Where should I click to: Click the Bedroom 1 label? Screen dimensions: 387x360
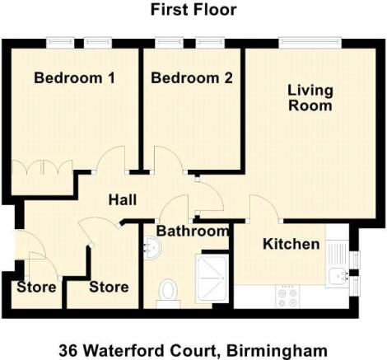click(x=74, y=77)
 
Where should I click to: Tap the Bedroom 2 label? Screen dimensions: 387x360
click(x=192, y=77)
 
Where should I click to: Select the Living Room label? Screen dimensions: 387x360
click(x=310, y=98)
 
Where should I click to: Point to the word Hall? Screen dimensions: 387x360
click(x=123, y=199)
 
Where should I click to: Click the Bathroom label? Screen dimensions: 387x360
click(x=192, y=231)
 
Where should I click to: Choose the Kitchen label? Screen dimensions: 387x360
click(x=291, y=244)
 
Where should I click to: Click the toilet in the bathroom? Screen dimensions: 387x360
click(x=168, y=292)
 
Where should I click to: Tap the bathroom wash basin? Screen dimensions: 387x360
click(x=152, y=248)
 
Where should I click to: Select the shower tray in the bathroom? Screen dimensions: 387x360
click(x=212, y=278)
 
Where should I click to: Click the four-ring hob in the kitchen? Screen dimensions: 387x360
click(x=287, y=297)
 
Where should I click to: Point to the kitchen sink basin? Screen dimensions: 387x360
click(x=338, y=276)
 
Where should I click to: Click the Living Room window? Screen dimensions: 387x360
click(x=310, y=43)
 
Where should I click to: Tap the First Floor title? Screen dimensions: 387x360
click(x=193, y=10)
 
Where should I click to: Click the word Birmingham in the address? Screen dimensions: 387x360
click(x=277, y=351)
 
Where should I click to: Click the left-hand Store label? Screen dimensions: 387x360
click(x=36, y=288)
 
